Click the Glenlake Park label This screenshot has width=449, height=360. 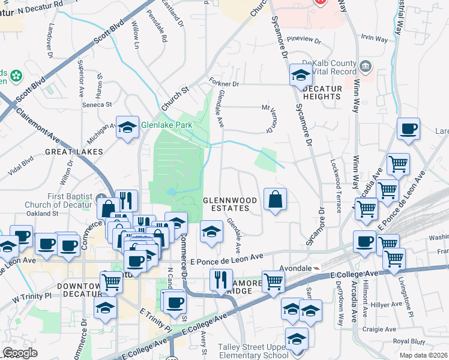[x=166, y=125]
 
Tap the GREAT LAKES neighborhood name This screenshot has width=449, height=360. [x=74, y=152]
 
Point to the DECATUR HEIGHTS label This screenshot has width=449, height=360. [x=322, y=92]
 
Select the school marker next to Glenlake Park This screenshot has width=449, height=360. [x=127, y=127]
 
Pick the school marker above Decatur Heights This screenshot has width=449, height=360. [x=300, y=75]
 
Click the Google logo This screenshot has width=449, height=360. [x=20, y=353]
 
